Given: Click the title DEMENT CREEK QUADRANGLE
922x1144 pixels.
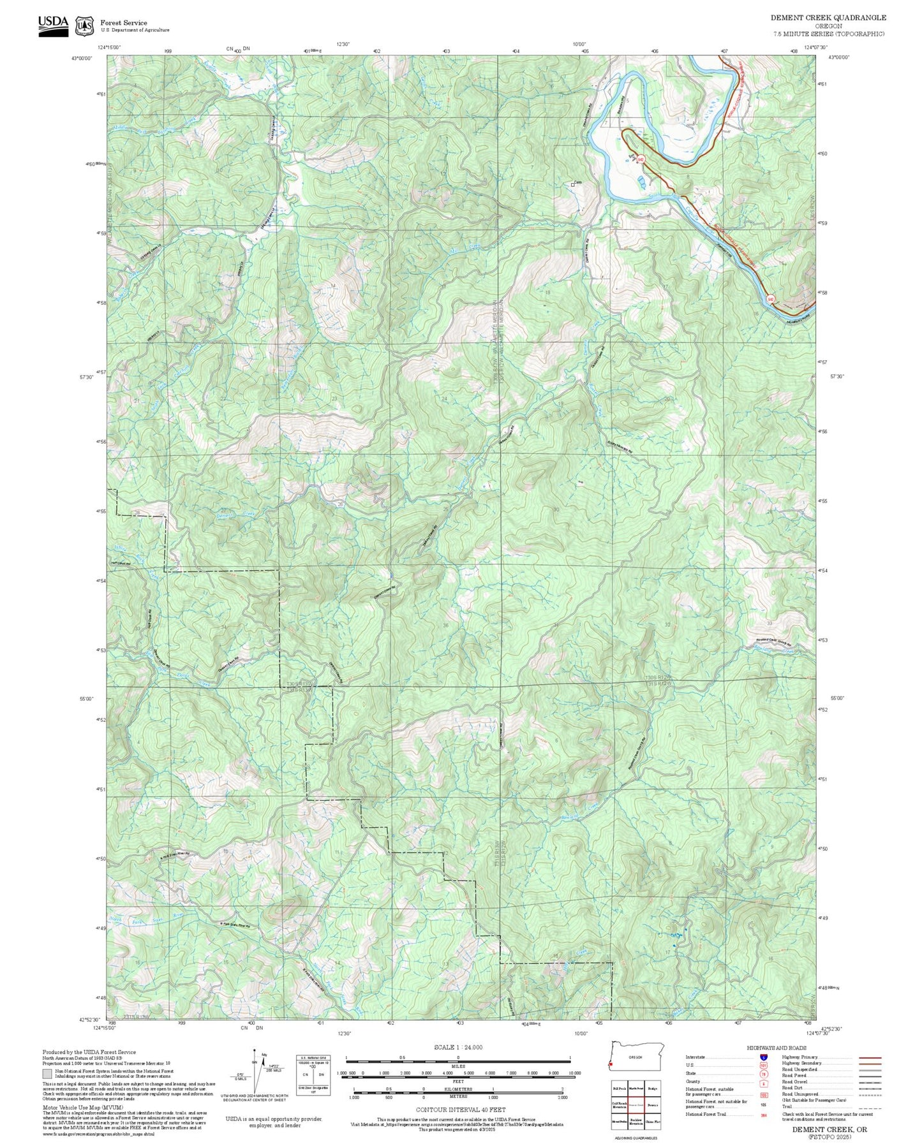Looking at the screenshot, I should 828,17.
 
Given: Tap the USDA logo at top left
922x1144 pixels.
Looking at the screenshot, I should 53,26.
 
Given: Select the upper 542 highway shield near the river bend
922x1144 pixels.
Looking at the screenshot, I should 641,158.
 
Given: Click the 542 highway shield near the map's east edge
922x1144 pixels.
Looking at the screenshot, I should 771,298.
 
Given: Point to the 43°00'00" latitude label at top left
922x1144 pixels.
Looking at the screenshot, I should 81,58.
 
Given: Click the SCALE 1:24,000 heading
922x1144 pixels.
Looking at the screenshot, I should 457,1047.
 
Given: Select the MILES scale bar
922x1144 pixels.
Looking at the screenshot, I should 457,1059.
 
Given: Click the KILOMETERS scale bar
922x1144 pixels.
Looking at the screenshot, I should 457,1090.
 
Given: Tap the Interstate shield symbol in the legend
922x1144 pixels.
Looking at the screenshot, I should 763,1057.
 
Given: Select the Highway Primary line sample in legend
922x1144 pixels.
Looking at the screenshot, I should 870,1057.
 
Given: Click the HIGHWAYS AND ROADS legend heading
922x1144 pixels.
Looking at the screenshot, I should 776,1048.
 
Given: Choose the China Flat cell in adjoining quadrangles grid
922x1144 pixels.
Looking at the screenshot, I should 652,1121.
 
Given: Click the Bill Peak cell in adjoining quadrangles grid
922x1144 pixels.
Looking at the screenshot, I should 619,1089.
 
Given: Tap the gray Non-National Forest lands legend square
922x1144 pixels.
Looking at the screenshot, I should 47,1073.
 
